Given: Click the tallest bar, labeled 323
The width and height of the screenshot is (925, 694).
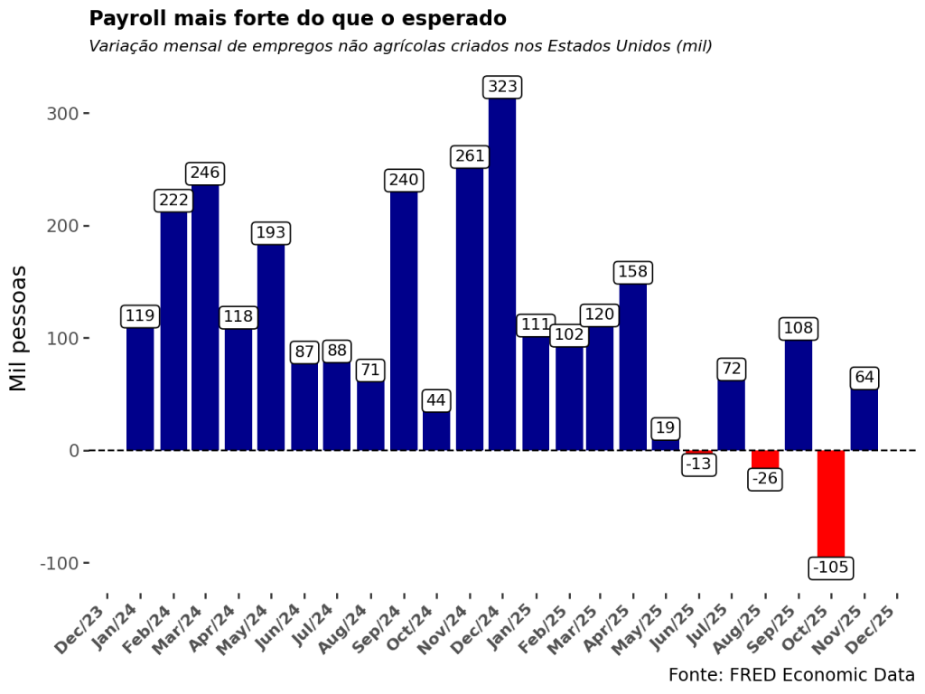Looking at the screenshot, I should [x=502, y=271].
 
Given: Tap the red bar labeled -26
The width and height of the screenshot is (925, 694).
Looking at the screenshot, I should [x=765, y=459].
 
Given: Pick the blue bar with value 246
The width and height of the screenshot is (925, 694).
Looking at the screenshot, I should [x=205, y=316].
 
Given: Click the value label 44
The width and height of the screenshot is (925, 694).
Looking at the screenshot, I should [x=436, y=400].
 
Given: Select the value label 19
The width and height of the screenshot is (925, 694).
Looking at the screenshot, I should [x=666, y=428].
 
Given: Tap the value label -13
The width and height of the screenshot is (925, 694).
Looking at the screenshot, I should [x=698, y=464].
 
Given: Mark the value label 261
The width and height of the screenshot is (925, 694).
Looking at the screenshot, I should [x=470, y=156].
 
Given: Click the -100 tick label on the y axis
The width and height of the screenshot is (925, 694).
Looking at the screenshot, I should [x=59, y=563].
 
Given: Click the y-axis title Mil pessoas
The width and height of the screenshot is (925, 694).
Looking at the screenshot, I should [x=19, y=328].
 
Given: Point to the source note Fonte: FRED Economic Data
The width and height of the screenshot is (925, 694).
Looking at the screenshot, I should [x=791, y=675].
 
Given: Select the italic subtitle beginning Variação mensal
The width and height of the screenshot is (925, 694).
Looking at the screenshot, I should [x=400, y=46].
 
